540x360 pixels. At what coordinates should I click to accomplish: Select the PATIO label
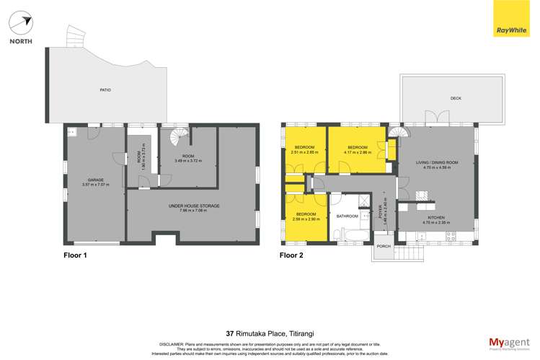[x=105, y=90]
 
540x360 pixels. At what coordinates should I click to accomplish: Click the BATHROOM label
[x=348, y=216]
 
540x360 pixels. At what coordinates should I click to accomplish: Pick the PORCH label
[x=384, y=246]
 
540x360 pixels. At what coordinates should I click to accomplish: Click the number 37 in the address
[x=231, y=333]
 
